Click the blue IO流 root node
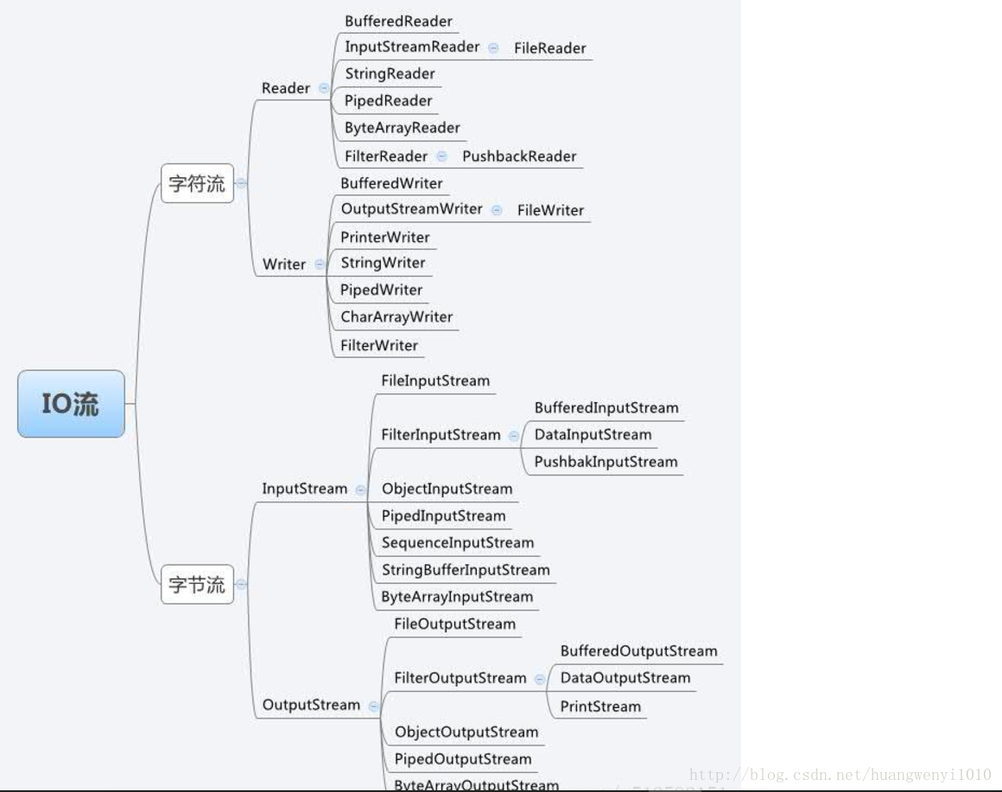(71, 404)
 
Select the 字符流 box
(197, 183)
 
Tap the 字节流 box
(197, 584)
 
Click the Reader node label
(286, 88)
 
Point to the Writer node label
(284, 265)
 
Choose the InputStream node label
(305, 489)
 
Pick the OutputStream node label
(311, 705)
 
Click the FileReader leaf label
(549, 48)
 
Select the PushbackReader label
(519, 156)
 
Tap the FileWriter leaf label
(550, 210)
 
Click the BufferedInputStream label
(606, 408)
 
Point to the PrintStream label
(600, 706)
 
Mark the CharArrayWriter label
(396, 317)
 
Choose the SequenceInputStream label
(458, 543)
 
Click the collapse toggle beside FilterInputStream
(514, 436)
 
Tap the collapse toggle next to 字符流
(241, 183)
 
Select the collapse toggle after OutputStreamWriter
(496, 210)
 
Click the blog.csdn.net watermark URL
(840, 775)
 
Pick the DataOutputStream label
(625, 678)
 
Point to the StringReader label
(390, 74)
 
